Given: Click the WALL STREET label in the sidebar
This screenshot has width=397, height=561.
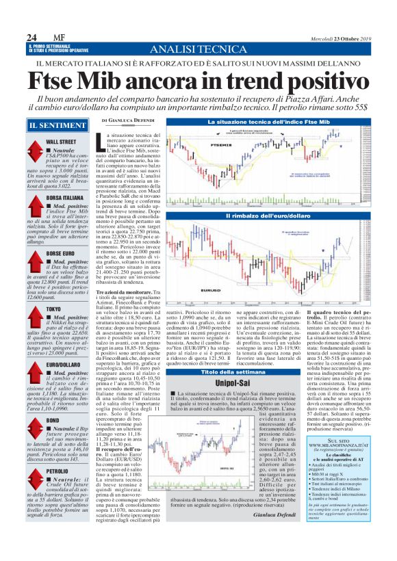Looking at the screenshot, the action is click(x=60, y=141).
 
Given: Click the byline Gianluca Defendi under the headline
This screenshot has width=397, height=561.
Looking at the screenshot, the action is click(x=135, y=121).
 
